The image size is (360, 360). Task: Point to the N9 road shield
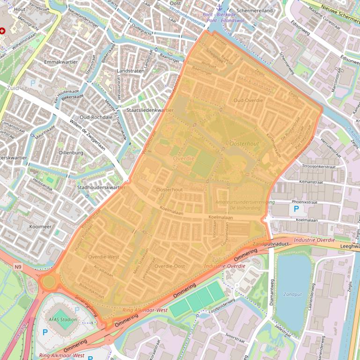point(18,267)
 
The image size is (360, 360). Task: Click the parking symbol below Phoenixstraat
point(296,209)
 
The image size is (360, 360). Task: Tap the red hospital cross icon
point(3,30)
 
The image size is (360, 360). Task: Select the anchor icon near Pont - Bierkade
point(218,7)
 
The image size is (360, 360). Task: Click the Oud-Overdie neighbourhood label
point(248,101)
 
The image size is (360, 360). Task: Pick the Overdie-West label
point(103,257)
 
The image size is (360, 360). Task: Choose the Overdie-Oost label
point(169,266)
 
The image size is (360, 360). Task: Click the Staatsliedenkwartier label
point(150,110)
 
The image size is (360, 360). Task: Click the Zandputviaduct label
point(269,244)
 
